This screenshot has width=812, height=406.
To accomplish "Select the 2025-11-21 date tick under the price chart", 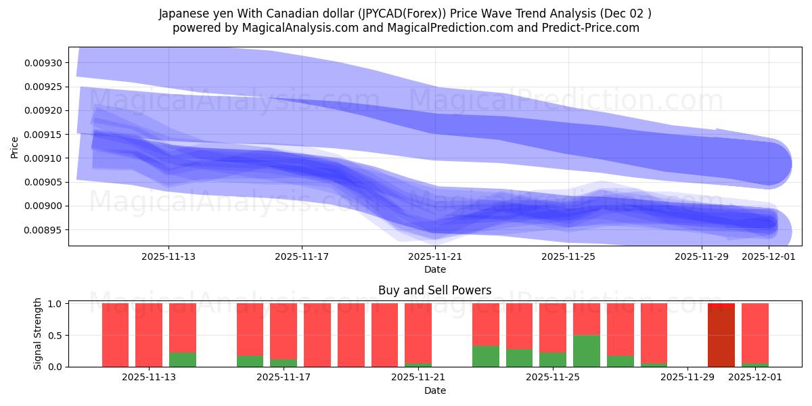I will pyautogui.click(x=435, y=256).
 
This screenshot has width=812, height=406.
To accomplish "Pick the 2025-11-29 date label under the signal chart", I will pyautogui.click(x=687, y=377).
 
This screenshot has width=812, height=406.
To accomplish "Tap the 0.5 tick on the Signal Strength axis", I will pyautogui.click(x=55, y=336).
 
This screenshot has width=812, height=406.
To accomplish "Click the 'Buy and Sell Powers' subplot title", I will pyautogui.click(x=434, y=291).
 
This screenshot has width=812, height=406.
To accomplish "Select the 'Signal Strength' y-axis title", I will pyautogui.click(x=38, y=334).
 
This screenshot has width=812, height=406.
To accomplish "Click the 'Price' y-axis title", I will pyautogui.click(x=15, y=147).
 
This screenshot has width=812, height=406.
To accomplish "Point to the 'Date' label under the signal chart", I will pyautogui.click(x=434, y=390).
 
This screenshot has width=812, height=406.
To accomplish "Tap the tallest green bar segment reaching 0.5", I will pyautogui.click(x=586, y=351).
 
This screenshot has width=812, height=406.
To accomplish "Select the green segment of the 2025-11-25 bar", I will pyautogui.click(x=553, y=359).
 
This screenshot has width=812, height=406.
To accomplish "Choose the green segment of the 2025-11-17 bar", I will pyautogui.click(x=284, y=363).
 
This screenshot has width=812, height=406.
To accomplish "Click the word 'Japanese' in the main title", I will pyautogui.click(x=183, y=14).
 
